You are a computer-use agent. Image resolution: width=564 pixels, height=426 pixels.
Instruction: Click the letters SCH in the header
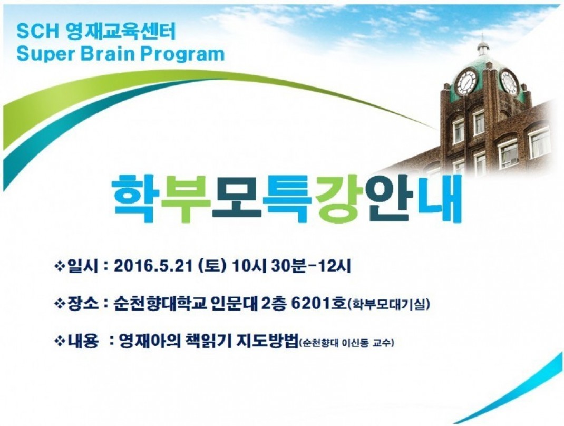click(37, 32)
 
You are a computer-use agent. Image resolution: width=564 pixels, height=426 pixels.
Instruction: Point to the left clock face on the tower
click(466, 82)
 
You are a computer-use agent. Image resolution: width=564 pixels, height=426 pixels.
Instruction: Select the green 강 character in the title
click(336, 198)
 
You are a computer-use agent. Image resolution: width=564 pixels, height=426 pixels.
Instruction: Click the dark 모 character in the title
click(236, 197)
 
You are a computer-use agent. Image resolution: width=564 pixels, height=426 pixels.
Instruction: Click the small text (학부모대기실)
click(388, 305)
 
